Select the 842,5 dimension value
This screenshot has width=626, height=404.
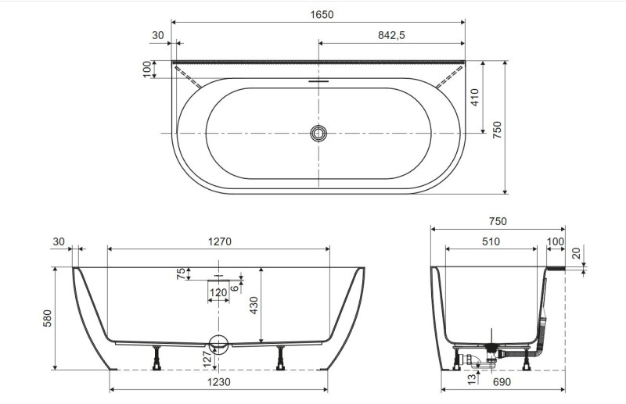[x=391, y=35]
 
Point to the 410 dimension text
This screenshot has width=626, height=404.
[x=476, y=97]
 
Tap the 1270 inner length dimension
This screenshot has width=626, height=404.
[x=219, y=241]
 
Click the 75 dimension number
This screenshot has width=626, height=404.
[x=181, y=274]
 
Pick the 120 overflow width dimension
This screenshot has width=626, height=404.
[x=218, y=293]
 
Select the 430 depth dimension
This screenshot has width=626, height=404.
[x=253, y=306]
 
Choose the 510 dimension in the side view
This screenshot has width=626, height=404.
[x=491, y=241]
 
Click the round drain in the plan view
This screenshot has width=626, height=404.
[x=318, y=134]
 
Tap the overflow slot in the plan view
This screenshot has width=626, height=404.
[x=318, y=80]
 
